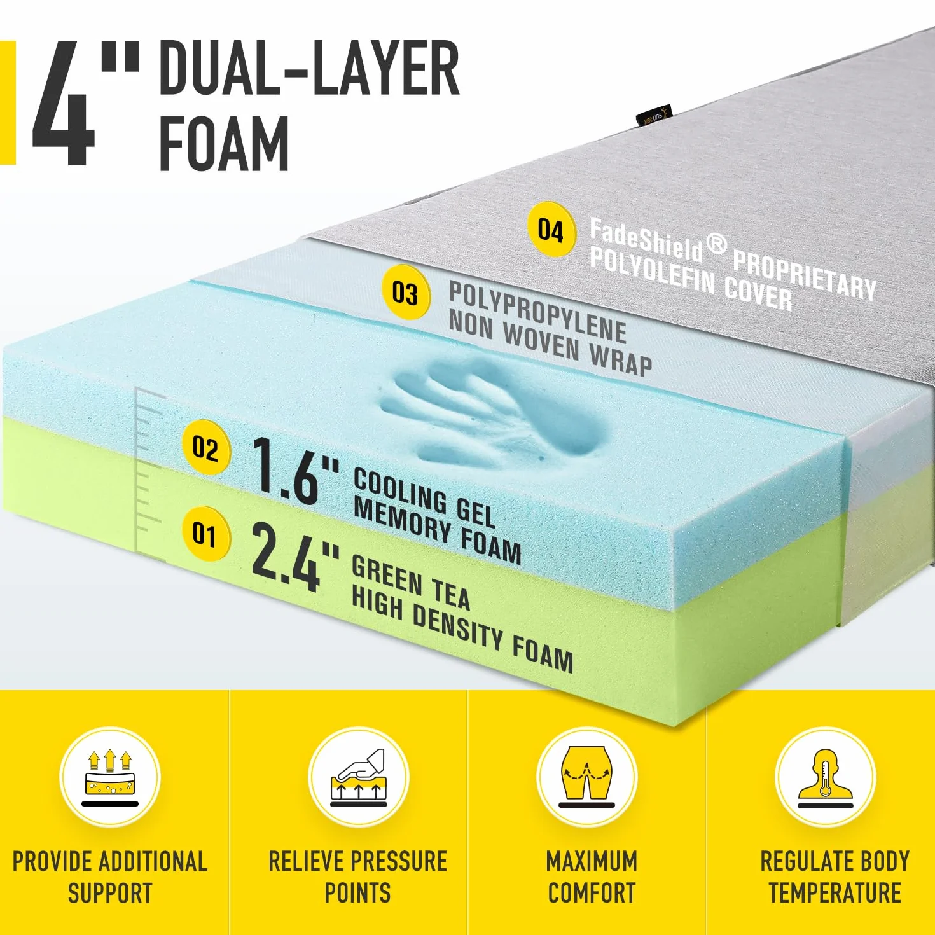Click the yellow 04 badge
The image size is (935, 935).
click(x=551, y=230)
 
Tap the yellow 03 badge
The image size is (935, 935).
click(x=406, y=293)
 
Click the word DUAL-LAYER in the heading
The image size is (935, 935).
click(x=309, y=68)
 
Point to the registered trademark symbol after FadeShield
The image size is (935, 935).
click(x=717, y=244)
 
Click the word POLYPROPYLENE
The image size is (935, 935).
click(x=537, y=312)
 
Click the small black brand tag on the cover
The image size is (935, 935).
click(x=653, y=116)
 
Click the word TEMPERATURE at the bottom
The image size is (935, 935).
click(x=835, y=893)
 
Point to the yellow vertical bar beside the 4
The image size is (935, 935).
click(x=8, y=103)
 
